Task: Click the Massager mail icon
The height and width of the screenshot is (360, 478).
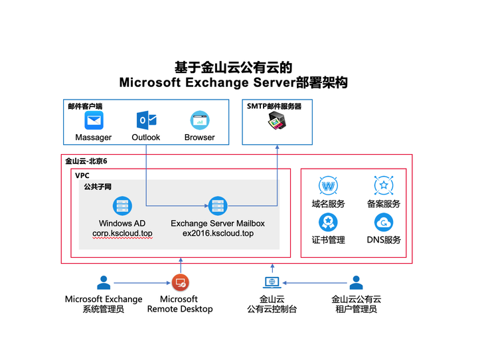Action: pyautogui.click(x=94, y=121)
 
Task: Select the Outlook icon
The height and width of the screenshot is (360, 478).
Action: pyautogui.click(x=146, y=120)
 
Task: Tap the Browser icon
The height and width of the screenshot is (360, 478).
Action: pyautogui.click(x=199, y=120)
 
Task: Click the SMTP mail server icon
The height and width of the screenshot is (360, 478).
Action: pyautogui.click(x=277, y=122)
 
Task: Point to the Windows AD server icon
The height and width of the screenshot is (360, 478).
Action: pyautogui.click(x=121, y=206)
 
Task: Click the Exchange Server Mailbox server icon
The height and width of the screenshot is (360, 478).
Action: pyautogui.click(x=218, y=206)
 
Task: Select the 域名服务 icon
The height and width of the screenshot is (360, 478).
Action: pyautogui.click(x=328, y=185)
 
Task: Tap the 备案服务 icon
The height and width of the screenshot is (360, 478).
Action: pyautogui.click(x=383, y=185)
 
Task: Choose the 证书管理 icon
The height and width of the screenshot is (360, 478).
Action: pyautogui.click(x=328, y=221)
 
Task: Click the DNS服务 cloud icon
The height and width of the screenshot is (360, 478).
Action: pyautogui.click(x=383, y=221)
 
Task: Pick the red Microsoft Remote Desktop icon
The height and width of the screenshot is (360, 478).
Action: pyautogui.click(x=179, y=282)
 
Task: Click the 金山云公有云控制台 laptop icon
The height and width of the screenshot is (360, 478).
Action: pyautogui.click(x=272, y=283)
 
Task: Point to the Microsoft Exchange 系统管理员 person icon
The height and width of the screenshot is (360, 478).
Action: pyautogui.click(x=104, y=282)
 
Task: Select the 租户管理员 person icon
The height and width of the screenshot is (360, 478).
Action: pyautogui.click(x=357, y=282)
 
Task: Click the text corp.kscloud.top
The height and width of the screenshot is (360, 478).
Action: pyautogui.click(x=122, y=234)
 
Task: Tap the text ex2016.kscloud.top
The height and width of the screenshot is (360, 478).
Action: pyautogui.click(x=218, y=234)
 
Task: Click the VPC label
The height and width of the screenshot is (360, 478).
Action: pyautogui.click(x=82, y=175)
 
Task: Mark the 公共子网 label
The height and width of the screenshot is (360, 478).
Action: pyautogui.click(x=98, y=187)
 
